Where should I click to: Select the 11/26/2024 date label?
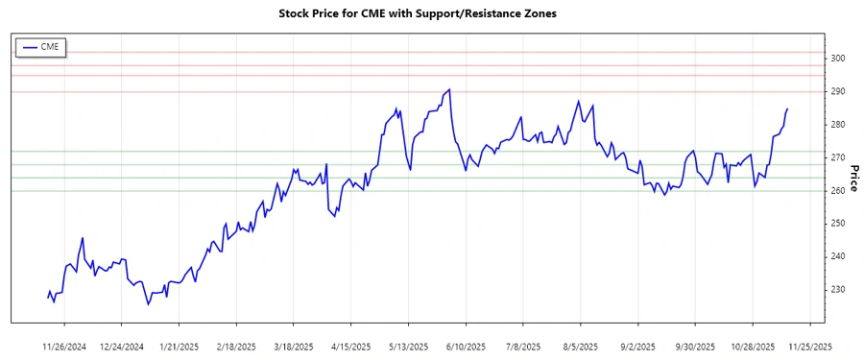click(x=65, y=346)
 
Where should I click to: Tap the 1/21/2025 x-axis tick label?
click(x=179, y=346)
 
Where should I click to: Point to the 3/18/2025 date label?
click(x=294, y=346)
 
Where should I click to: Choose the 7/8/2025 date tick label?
click(x=522, y=346)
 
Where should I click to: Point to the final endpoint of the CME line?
click(x=788, y=109)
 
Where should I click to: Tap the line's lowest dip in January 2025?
click(x=148, y=304)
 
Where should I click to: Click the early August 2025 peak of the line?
click(x=578, y=101)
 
